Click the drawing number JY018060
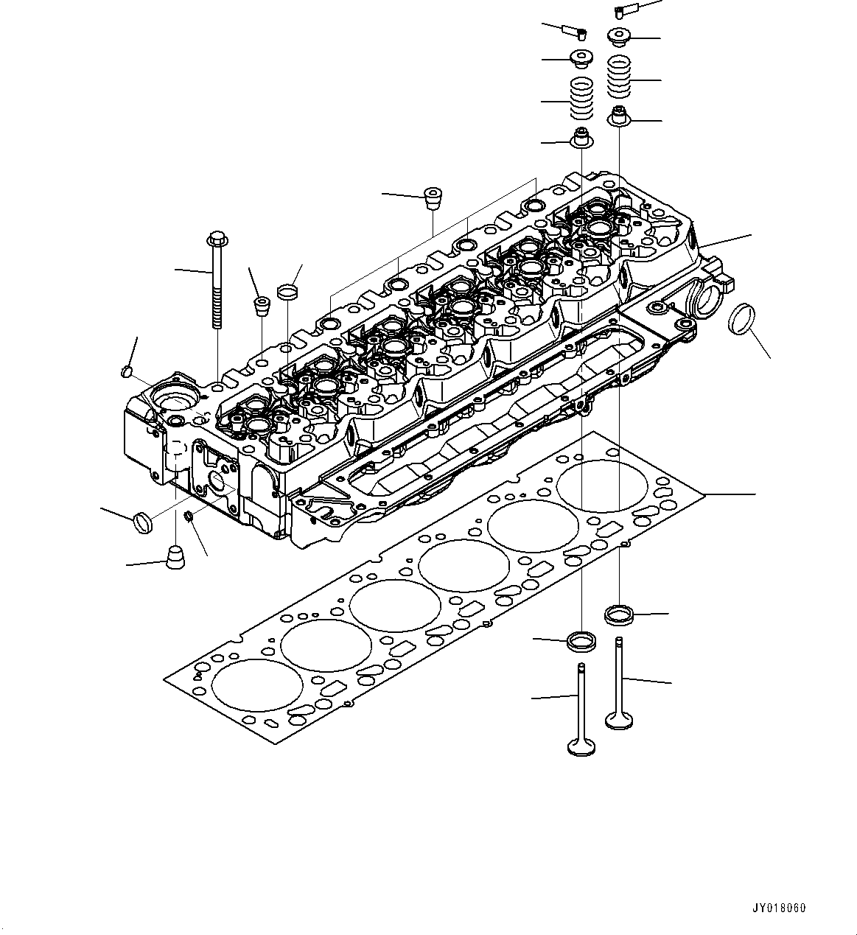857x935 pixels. tap(779, 908)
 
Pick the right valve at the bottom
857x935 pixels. tap(620, 684)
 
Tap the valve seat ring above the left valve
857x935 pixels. tap(581, 640)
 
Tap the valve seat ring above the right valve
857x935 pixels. tap(619, 613)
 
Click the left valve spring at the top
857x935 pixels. tap(582, 99)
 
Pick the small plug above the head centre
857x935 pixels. tap(432, 198)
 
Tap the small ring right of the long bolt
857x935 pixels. tap(288, 293)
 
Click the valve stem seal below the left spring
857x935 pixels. tap(582, 138)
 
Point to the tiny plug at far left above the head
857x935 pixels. tap(125, 371)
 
